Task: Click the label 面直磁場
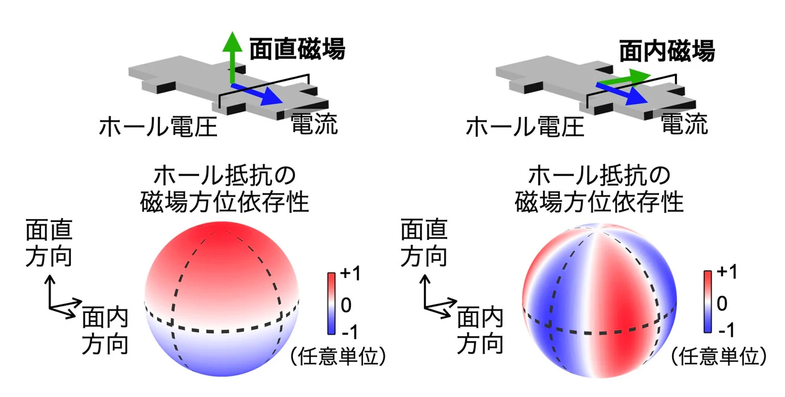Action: [x=297, y=50]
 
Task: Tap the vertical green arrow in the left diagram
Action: [x=233, y=57]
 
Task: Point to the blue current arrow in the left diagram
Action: [x=257, y=94]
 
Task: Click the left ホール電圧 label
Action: [x=158, y=128]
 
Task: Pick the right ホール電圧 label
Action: [x=525, y=128]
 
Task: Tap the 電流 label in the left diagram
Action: [x=314, y=125]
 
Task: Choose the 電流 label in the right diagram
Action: [x=684, y=125]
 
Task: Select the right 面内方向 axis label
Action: [x=480, y=330]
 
